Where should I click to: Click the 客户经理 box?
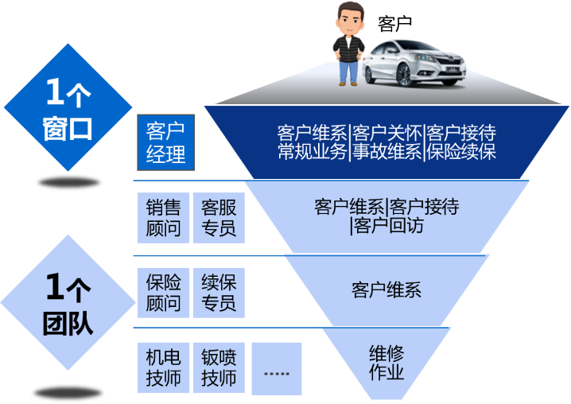click(166, 142)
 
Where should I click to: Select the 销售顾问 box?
click(163, 219)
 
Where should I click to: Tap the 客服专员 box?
click(219, 219)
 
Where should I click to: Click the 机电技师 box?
click(163, 368)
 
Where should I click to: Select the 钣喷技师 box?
click(219, 368)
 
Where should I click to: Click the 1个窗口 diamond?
click(68, 108)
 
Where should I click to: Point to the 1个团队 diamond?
click(68, 302)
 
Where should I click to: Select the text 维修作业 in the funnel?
click(386, 363)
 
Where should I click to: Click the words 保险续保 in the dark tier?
click(461, 152)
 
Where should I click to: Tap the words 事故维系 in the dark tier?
click(386, 152)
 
